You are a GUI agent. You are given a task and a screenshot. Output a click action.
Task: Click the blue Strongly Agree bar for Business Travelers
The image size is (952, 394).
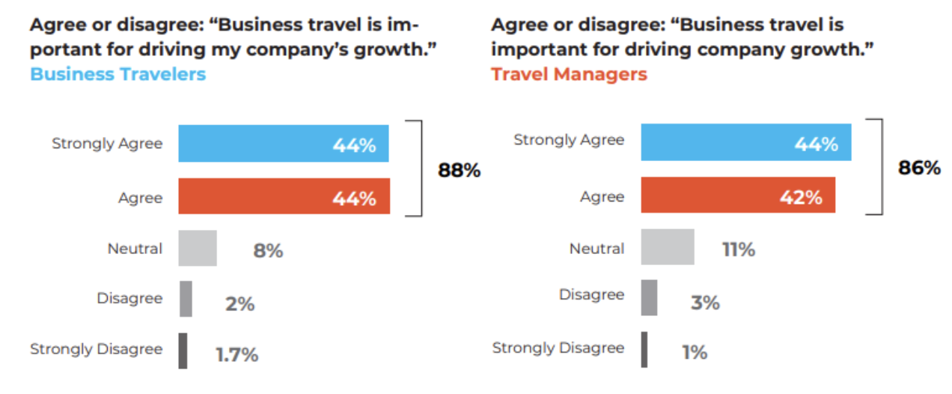pos(283,144)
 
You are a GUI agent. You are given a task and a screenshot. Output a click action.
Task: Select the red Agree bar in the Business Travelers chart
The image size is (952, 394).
pos(283,197)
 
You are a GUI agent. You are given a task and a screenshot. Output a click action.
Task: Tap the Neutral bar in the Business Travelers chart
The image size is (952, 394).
pos(197,248)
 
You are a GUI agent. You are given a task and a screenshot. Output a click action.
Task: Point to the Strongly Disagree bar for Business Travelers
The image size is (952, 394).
pos(183,351)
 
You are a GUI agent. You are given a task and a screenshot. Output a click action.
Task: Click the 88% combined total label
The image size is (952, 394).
pos(459,171)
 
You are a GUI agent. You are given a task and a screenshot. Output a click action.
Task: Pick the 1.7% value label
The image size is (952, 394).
pos(237,354)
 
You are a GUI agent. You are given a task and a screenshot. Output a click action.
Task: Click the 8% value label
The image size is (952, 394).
pos(268,251)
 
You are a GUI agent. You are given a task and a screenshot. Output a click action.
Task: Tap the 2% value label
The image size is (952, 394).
pos(240,303)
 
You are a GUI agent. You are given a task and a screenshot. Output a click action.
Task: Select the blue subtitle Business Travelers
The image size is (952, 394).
pos(118,74)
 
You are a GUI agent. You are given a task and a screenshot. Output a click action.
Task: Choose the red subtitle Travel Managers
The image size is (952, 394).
pos(569,74)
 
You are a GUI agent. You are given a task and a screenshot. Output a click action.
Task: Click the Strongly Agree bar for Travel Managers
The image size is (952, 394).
pos(745,142)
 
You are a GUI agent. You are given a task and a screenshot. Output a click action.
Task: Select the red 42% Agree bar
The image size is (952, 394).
pos(737,196)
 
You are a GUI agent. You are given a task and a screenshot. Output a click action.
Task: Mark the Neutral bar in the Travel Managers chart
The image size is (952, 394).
pos(667,247)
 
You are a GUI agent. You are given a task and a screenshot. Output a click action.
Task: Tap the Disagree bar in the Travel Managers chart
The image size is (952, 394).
pos(649,297)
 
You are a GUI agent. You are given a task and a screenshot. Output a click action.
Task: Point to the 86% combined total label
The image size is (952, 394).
pos(919,168)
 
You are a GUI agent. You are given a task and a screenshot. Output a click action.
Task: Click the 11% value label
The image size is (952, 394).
pos(738,249)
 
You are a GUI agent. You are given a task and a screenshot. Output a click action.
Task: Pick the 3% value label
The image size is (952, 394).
pos(704,302)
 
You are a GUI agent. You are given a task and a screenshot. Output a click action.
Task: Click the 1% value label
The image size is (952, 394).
pos(695,352)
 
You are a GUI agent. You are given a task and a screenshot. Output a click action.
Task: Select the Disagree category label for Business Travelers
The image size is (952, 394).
pos(129,298)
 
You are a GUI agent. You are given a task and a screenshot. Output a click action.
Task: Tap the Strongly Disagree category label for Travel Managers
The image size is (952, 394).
pos(558,348)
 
